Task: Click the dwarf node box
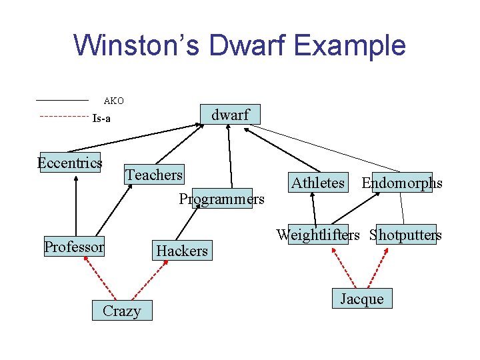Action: (230, 115)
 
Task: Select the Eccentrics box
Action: (70, 163)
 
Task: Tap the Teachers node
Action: (154, 175)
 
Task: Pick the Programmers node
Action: (222, 199)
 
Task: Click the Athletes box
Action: (318, 183)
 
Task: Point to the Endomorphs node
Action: (401, 183)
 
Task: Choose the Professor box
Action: (74, 247)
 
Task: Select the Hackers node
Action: (182, 251)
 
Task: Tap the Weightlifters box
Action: (318, 235)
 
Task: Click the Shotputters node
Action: (406, 235)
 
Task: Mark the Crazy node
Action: (122, 311)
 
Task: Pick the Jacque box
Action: (362, 299)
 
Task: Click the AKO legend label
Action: (113, 101)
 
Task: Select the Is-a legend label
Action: (101, 119)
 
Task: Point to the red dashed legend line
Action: (63, 117)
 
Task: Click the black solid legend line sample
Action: (61, 99)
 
